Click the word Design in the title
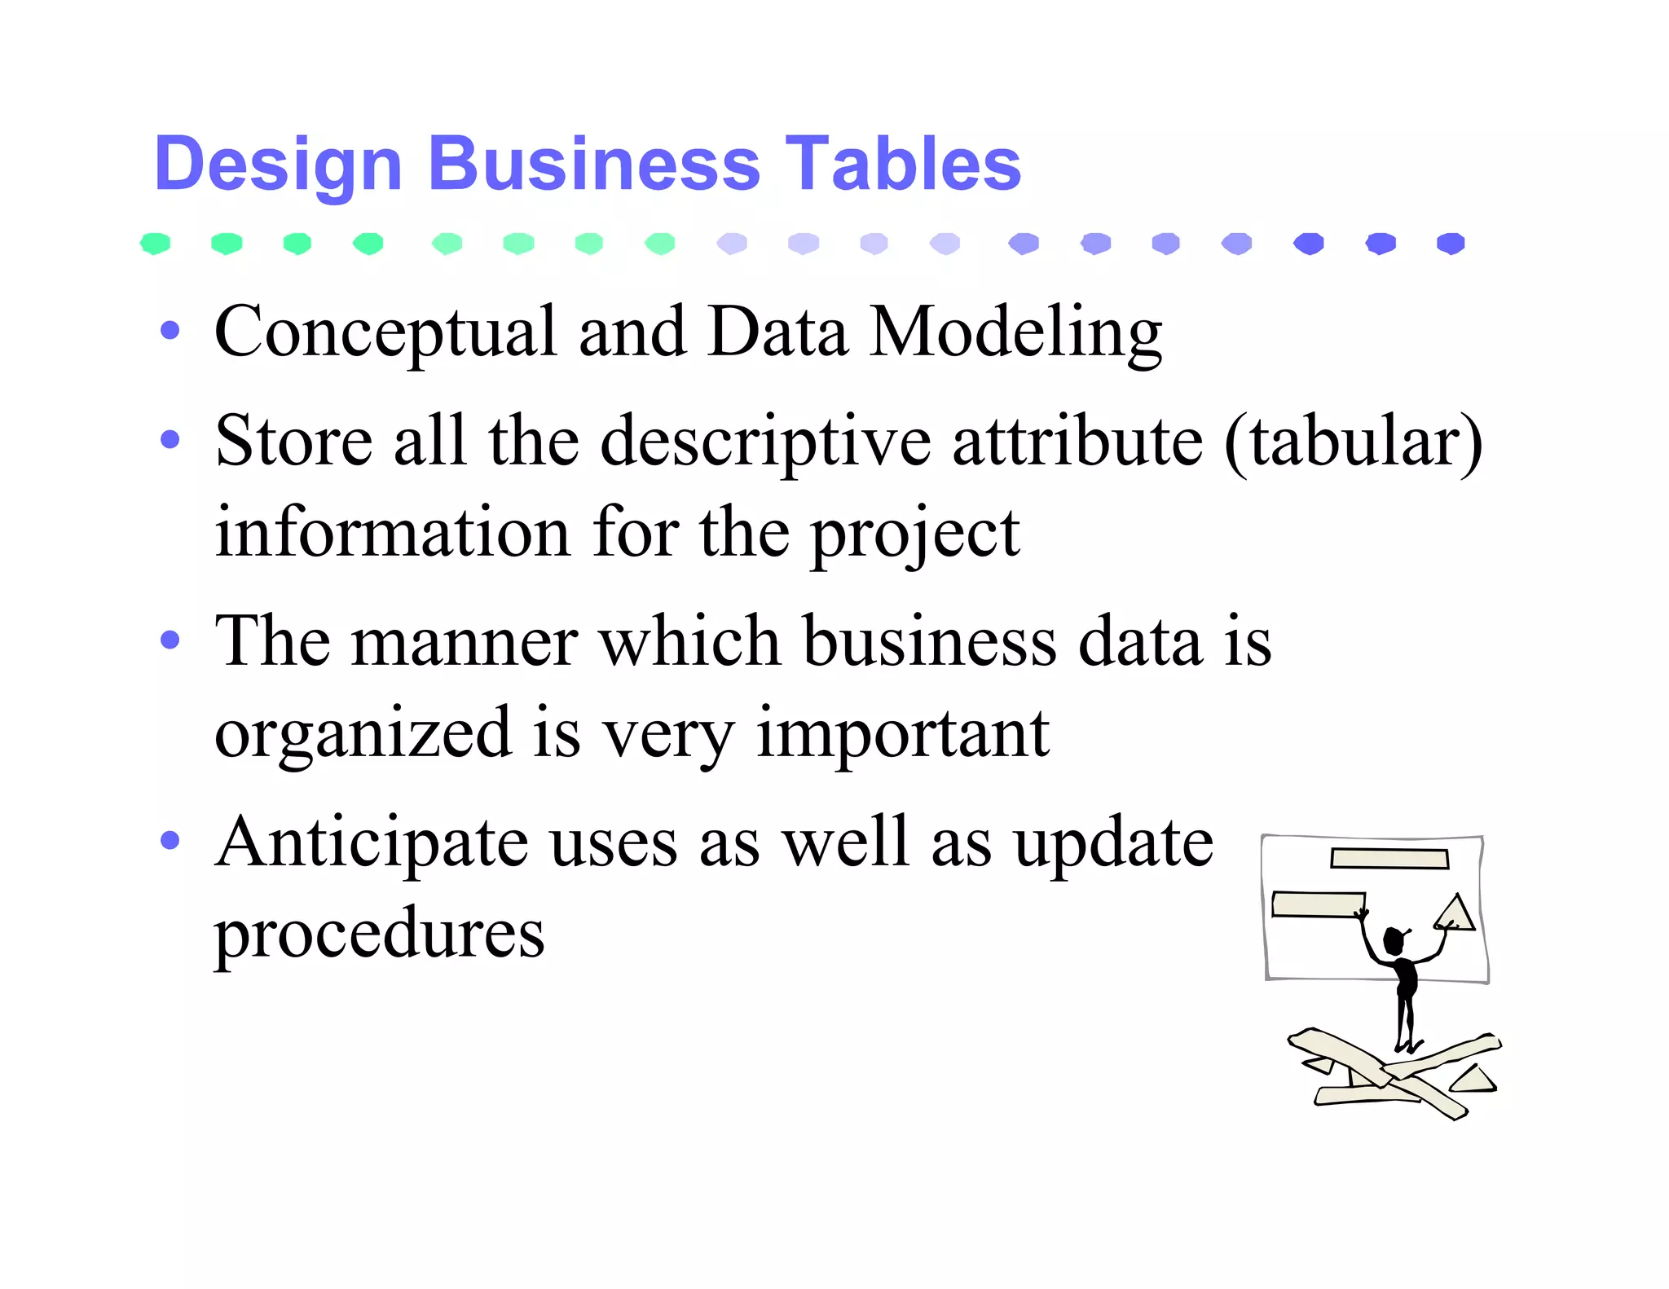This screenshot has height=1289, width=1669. pos(278,165)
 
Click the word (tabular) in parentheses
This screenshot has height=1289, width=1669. pos(1353,442)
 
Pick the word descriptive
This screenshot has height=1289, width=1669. pos(765,442)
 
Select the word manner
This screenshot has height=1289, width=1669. pos(465,642)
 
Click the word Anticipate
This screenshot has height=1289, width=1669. pos(372,842)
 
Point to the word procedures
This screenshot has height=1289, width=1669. pos(379,934)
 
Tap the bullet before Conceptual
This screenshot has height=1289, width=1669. pos(170,331)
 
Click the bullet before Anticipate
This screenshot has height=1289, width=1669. pos(170,840)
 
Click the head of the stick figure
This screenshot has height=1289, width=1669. pos(1394,941)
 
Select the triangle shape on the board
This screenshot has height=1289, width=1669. pos(1456,914)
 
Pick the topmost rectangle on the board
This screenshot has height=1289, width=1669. pos(1389,859)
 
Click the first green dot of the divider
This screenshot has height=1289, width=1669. pos(155,243)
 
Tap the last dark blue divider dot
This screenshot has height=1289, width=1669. pos(1451,243)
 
